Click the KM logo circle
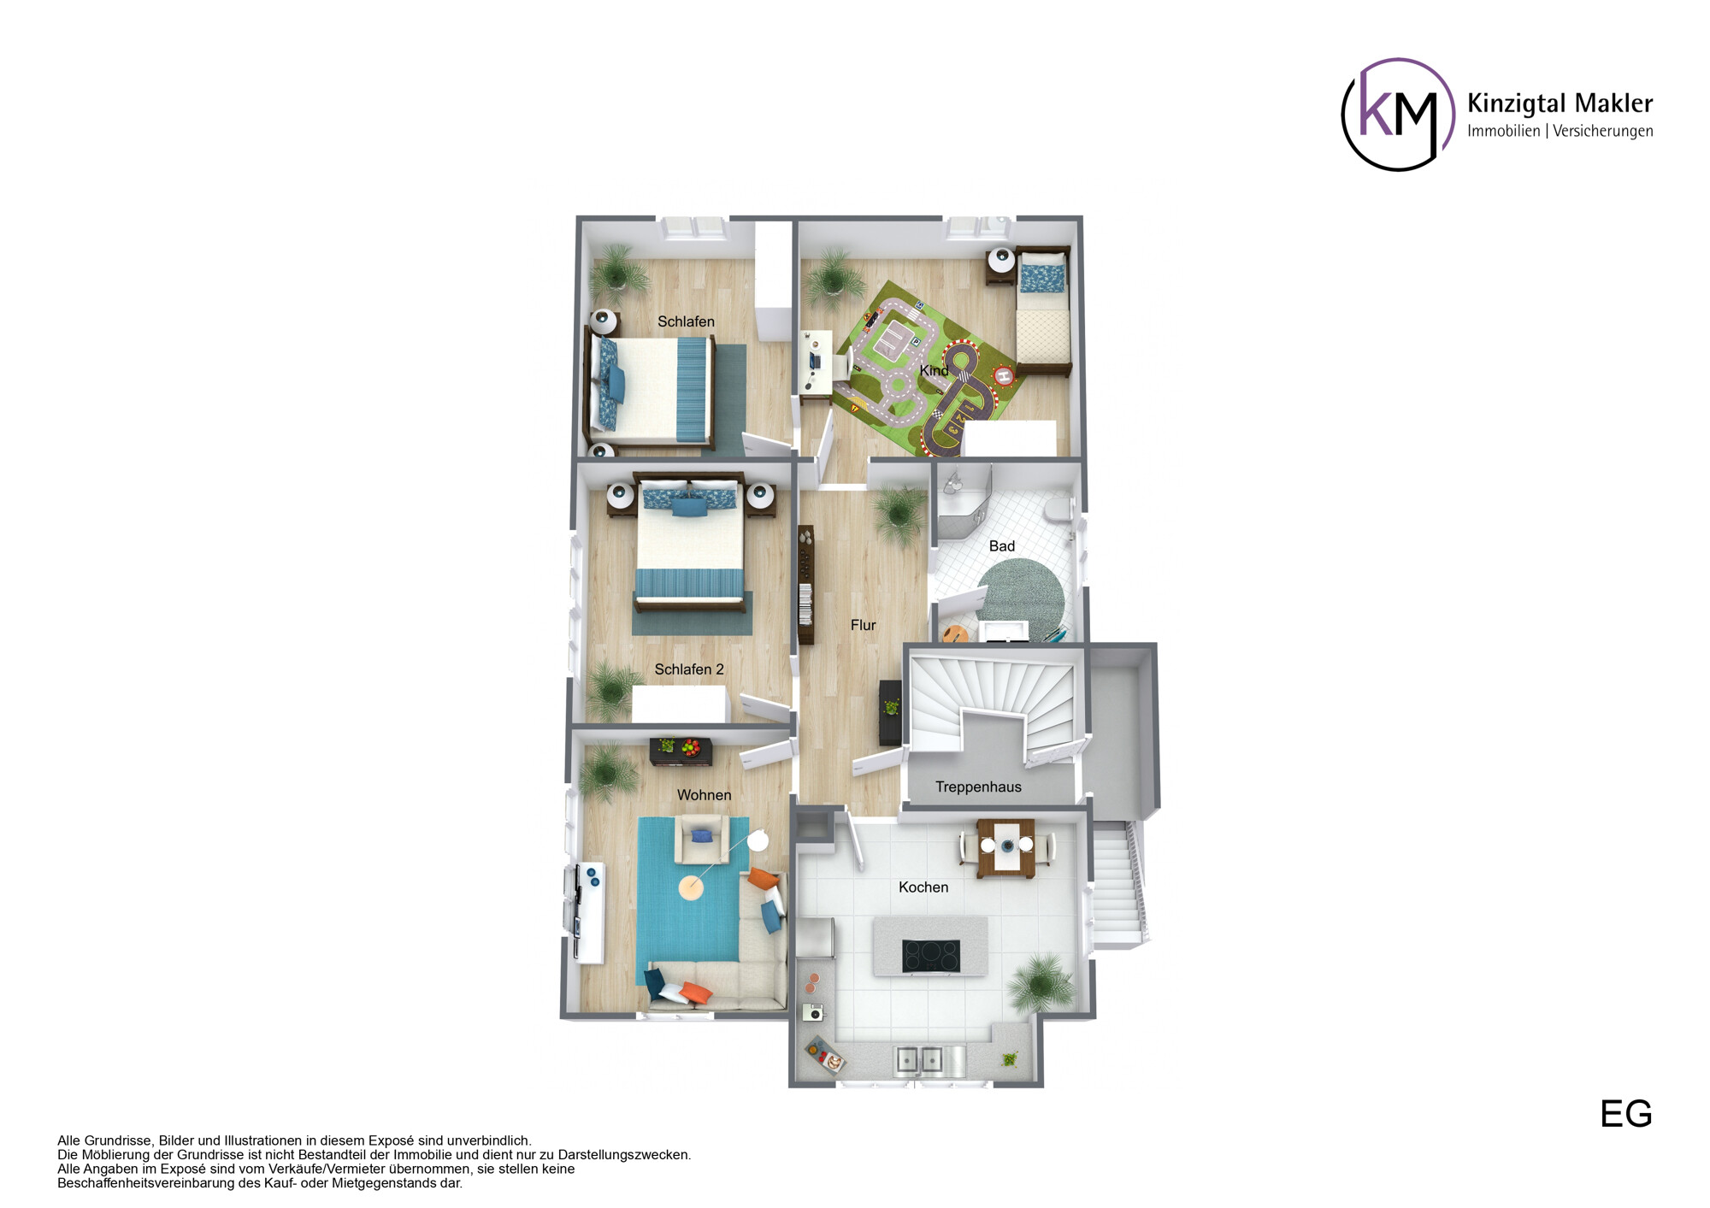pos(1343,115)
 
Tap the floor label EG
pos(1626,1114)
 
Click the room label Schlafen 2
pos(689,669)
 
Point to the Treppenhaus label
pos(978,787)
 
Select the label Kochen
pos(923,887)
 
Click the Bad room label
pos(1002,546)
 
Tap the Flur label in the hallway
pos(863,625)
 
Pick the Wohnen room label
pos(704,795)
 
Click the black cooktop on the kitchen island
pos(931,956)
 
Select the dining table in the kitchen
pos(1006,847)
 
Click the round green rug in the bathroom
pos(1021,598)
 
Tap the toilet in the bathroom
pos(1060,510)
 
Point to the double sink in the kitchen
pos(918,1059)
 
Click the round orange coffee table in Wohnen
pos(691,887)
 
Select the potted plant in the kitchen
pos(1041,984)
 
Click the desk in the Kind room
pos(817,363)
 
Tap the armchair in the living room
pos(702,840)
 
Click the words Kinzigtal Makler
pos(1560,103)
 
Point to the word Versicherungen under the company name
pos(1603,131)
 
